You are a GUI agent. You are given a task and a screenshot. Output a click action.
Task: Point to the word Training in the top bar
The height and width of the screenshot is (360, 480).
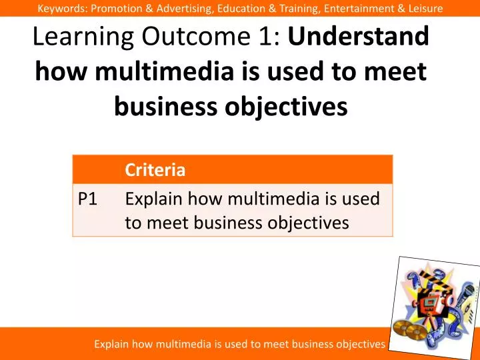(275, 8)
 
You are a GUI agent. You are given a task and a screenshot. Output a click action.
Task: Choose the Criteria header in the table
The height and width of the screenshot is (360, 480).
(155, 170)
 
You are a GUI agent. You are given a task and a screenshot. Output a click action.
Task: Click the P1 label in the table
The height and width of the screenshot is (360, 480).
(88, 199)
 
